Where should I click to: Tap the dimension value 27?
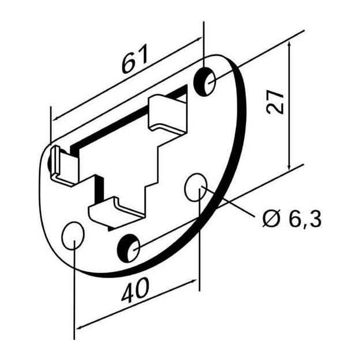click(275, 101)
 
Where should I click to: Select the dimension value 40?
click(135, 290)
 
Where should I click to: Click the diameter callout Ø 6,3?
click(292, 219)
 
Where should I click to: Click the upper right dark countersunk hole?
click(204, 82)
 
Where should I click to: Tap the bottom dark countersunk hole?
click(128, 248)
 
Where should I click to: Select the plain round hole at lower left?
click(73, 236)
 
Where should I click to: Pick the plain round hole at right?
click(196, 187)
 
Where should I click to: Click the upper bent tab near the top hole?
click(168, 113)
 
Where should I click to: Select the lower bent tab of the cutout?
click(115, 212)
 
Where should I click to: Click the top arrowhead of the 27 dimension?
click(289, 44)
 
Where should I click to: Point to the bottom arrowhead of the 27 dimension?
click(289, 167)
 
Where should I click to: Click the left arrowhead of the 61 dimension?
click(56, 119)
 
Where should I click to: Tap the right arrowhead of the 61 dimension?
click(198, 40)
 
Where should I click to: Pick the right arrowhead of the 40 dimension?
click(194, 281)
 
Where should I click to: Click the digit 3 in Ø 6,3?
click(315, 219)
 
